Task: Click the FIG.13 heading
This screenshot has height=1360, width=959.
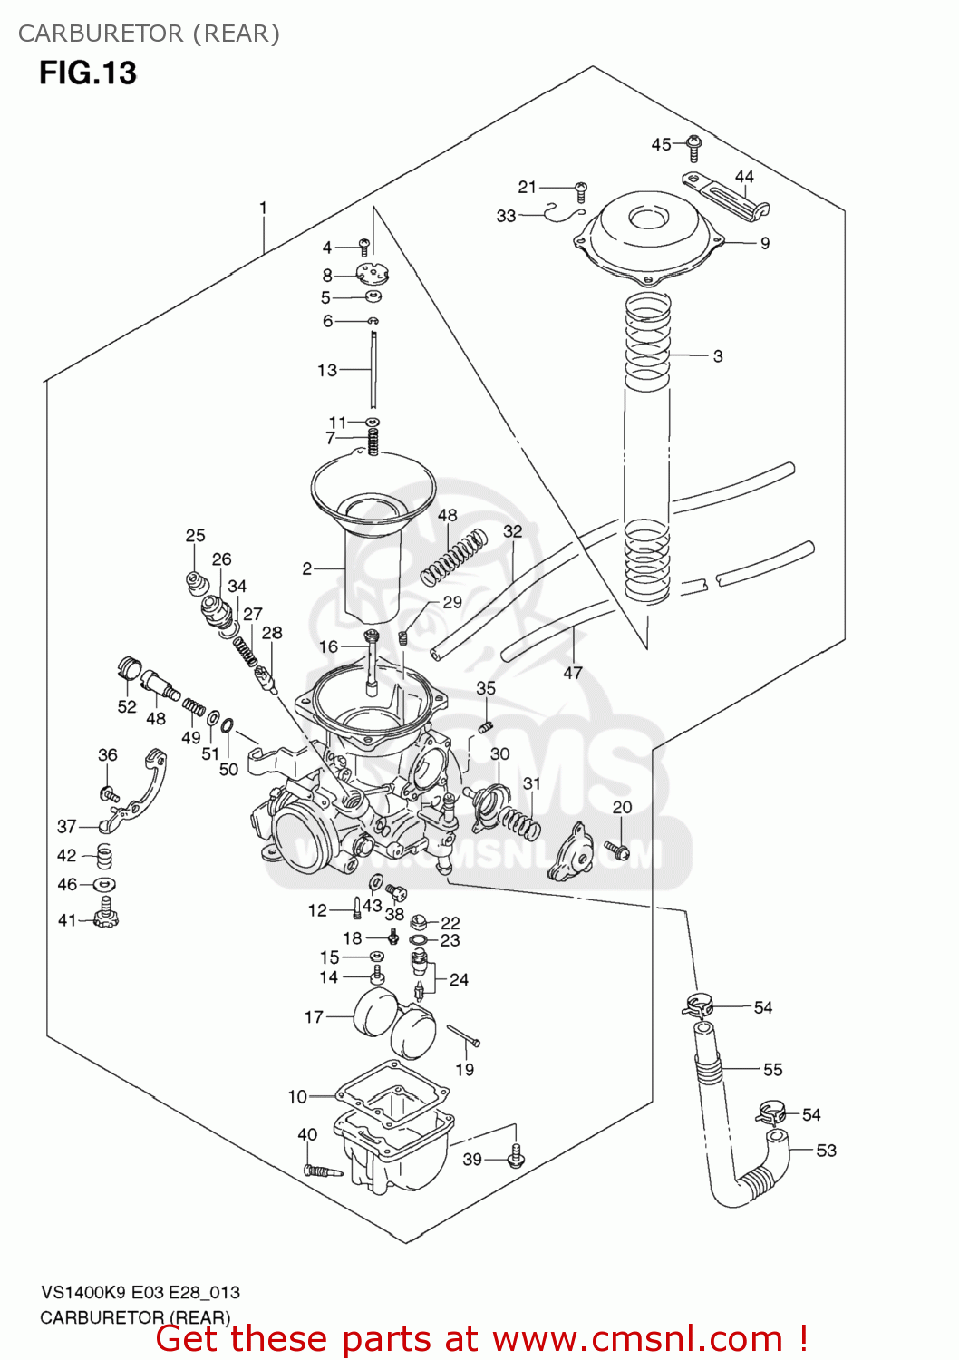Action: pyautogui.click(x=88, y=73)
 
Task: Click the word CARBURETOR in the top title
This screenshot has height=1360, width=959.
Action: pyautogui.click(x=100, y=34)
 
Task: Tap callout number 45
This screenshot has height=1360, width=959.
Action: pyautogui.click(x=661, y=144)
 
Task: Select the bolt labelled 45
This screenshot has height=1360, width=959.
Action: pyautogui.click(x=694, y=145)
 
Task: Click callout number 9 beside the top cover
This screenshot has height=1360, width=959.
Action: pyautogui.click(x=765, y=243)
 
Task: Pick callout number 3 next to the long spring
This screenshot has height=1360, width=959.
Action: pyautogui.click(x=718, y=356)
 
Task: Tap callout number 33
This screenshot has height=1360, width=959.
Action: pyautogui.click(x=506, y=216)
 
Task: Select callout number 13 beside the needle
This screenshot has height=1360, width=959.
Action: pyautogui.click(x=327, y=370)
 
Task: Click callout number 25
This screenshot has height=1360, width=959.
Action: pyautogui.click(x=196, y=536)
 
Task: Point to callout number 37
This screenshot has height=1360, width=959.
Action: pyautogui.click(x=67, y=826)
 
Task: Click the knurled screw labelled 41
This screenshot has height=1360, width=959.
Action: pyautogui.click(x=107, y=917)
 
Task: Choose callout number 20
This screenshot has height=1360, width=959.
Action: pyautogui.click(x=622, y=807)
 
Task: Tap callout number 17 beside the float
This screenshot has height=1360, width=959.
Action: pyautogui.click(x=314, y=1017)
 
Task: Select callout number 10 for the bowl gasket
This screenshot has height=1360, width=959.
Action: pyautogui.click(x=297, y=1097)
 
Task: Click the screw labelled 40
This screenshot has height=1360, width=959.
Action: pyautogui.click(x=323, y=1171)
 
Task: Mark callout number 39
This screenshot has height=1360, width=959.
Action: pyautogui.click(x=472, y=1160)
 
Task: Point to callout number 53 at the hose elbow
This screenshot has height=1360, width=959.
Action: pyautogui.click(x=826, y=1151)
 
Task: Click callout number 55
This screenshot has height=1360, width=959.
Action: pyautogui.click(x=772, y=1070)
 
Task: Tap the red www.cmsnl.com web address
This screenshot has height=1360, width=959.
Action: pyautogui.click(x=637, y=1339)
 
